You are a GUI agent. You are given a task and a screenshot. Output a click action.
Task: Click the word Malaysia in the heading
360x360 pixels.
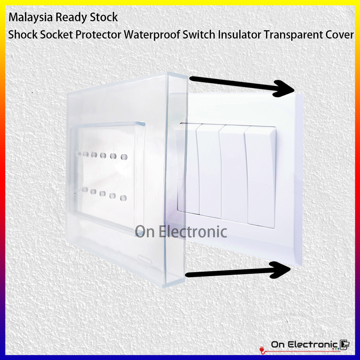pyautogui.click(x=27, y=17)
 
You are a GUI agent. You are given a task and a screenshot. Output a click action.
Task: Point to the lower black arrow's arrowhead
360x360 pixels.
pyautogui.click(x=281, y=270)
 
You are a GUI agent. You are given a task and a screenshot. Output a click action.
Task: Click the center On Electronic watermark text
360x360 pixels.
pyautogui.click(x=181, y=231)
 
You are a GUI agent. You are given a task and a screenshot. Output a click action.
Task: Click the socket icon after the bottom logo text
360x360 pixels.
pyautogui.click(x=345, y=344)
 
